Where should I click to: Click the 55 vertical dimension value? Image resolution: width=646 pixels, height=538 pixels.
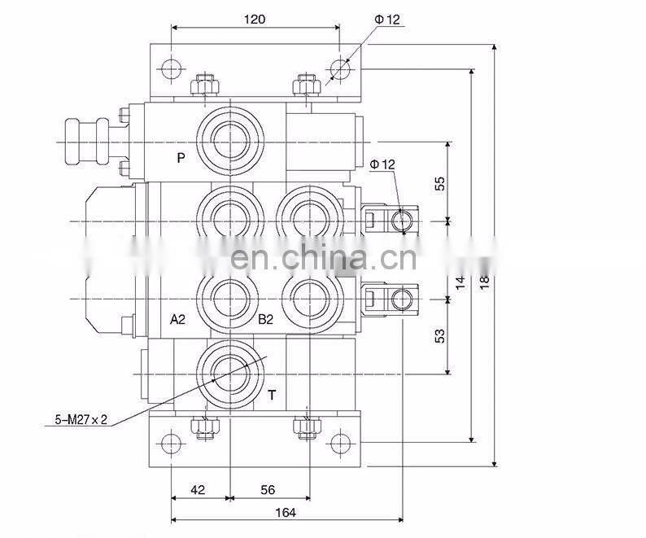(440, 183)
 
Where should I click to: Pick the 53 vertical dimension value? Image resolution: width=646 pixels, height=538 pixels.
(440, 336)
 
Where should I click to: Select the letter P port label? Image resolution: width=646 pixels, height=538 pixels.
(181, 158)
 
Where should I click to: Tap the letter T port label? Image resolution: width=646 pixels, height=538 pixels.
(272, 396)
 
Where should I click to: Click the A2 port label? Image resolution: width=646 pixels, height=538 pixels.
(178, 319)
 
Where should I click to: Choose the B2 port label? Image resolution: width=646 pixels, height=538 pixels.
(265, 319)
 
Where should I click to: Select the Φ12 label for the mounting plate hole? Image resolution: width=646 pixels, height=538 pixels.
(390, 20)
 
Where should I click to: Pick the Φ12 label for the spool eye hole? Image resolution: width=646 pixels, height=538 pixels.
(382, 164)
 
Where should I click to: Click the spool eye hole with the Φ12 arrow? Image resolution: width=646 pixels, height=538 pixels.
(401, 221)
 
